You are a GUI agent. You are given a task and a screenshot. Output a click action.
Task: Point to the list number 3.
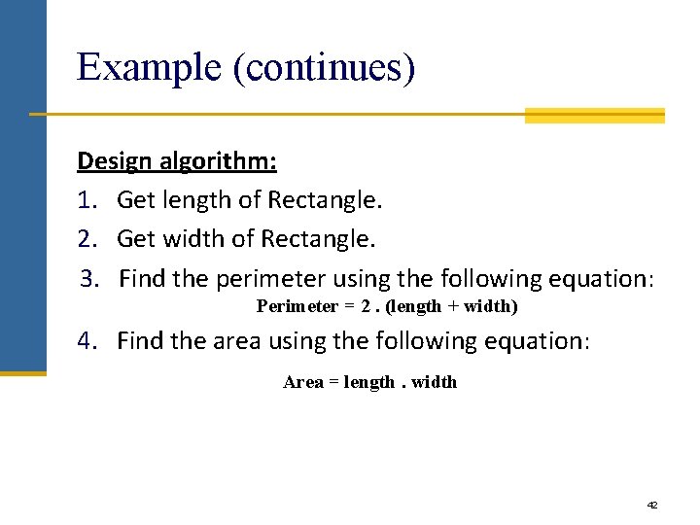[89, 278]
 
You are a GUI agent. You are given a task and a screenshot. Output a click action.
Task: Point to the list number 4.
[88, 340]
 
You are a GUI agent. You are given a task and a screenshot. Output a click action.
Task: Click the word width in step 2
[192, 238]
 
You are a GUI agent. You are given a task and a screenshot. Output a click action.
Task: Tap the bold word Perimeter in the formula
[297, 306]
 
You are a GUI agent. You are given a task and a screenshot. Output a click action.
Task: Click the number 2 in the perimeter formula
[366, 306]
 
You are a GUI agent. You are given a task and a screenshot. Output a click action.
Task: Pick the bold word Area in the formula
[302, 382]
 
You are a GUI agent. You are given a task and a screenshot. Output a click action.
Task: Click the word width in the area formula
[434, 382]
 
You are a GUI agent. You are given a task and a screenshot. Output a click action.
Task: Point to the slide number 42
[652, 505]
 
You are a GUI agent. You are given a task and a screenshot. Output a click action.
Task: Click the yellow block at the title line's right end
[594, 116]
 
